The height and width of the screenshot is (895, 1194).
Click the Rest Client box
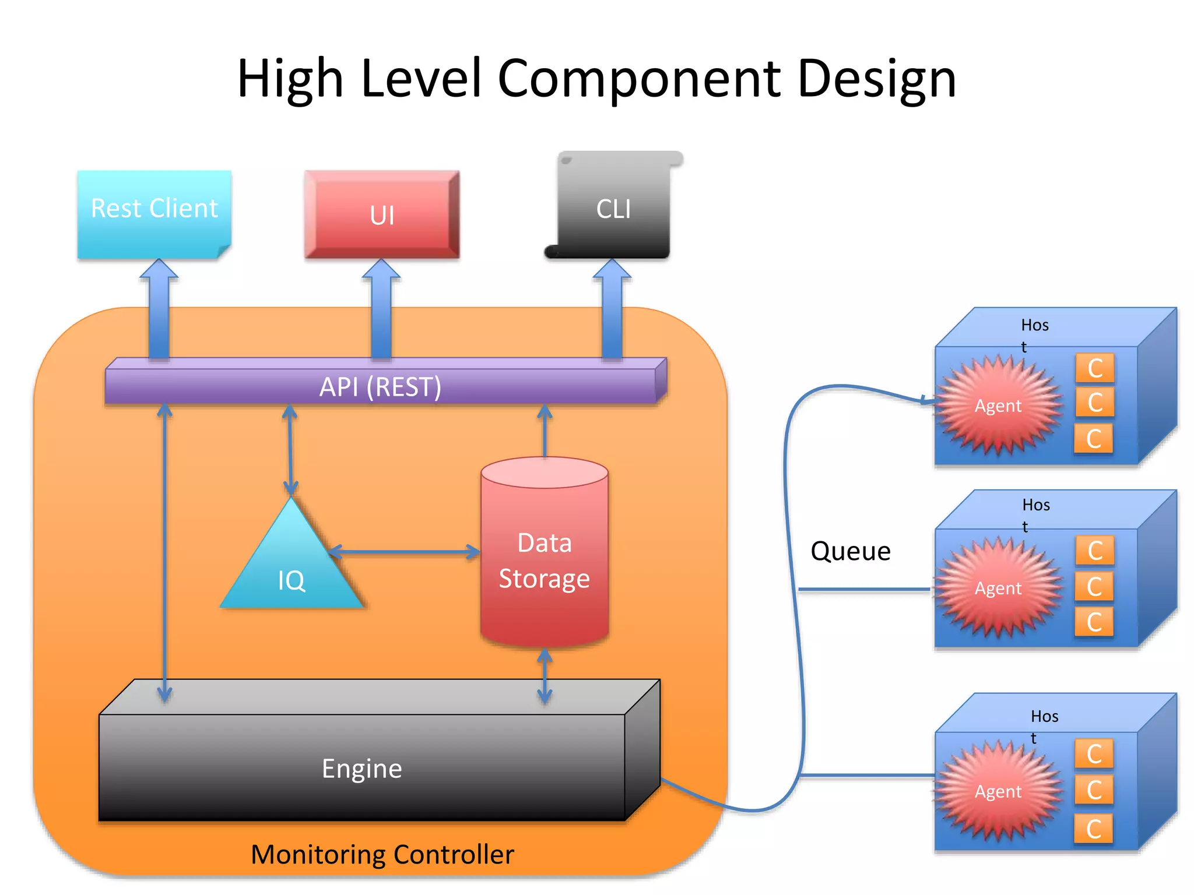click(154, 213)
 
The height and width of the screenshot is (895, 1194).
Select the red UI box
click(382, 214)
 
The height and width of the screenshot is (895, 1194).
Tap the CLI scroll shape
click(613, 209)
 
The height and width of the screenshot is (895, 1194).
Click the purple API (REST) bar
click(380, 387)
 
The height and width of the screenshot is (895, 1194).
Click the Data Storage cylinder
click(545, 559)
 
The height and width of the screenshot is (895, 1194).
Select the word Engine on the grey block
click(361, 769)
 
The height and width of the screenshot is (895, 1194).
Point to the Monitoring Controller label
click(382, 854)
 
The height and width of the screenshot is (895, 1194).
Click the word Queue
click(850, 551)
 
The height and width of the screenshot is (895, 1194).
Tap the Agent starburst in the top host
click(998, 406)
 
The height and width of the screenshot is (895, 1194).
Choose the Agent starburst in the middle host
click(998, 588)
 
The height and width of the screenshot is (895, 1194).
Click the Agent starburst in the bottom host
click(998, 791)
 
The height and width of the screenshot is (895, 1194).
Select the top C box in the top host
click(1094, 368)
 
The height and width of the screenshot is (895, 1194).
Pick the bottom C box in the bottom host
click(1094, 829)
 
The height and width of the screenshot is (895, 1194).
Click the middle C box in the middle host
click(1094, 586)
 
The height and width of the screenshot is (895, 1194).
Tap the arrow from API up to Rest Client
click(159, 309)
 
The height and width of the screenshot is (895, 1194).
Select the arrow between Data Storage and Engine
click(545, 676)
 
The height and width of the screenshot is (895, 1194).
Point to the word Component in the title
click(639, 79)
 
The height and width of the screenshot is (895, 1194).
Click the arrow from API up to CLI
click(612, 309)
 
